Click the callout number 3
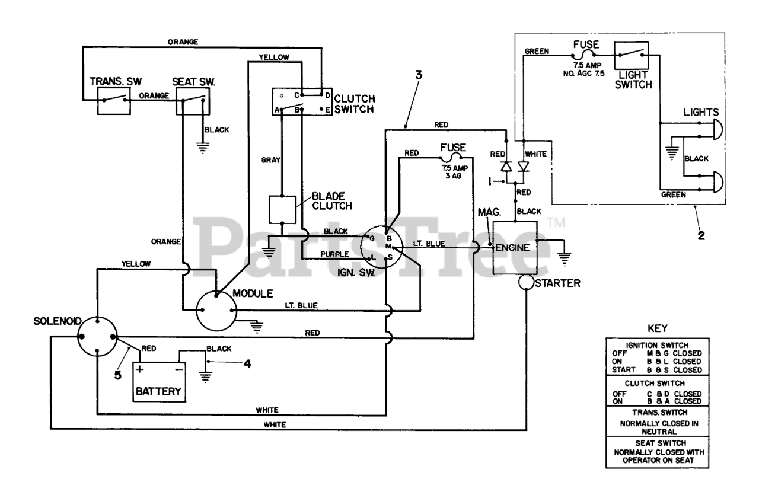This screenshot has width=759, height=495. point(419,75)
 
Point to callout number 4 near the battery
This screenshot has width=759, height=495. point(248,364)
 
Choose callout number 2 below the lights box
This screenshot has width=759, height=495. point(701,235)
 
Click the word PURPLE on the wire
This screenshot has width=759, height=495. point(334,254)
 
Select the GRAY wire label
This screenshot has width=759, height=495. point(271,160)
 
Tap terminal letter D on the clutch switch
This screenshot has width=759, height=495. point(328,95)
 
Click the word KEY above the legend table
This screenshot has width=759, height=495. point(658,328)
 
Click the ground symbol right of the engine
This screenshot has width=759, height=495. point(564,259)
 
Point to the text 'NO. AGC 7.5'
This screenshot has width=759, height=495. point(584,74)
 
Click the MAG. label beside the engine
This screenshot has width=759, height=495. point(489,212)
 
